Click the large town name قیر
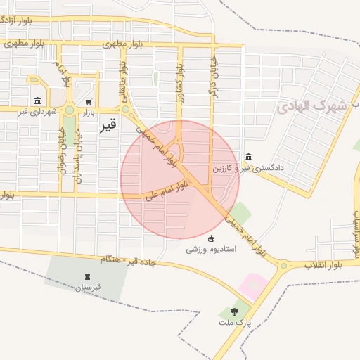point(108,127)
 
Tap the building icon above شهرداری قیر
point(37,101)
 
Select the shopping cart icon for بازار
point(89,101)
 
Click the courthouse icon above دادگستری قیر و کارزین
point(248,157)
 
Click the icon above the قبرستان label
point(87,276)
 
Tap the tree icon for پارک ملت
point(234,311)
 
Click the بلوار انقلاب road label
point(323,265)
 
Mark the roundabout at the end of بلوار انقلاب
point(283,266)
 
